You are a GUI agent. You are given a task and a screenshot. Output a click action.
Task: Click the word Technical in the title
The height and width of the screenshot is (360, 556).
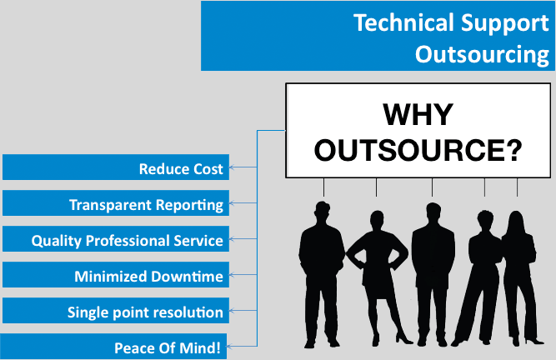point(404,22)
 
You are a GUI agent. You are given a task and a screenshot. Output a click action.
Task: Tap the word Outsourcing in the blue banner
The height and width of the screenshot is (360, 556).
point(483,54)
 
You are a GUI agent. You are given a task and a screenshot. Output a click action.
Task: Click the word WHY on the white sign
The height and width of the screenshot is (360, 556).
point(418,114)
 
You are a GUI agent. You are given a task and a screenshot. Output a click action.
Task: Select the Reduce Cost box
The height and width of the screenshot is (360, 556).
point(116,167)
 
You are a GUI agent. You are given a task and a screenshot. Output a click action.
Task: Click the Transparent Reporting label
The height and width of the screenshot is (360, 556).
point(146,205)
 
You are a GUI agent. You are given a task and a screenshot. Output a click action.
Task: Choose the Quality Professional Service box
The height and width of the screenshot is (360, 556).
point(116,239)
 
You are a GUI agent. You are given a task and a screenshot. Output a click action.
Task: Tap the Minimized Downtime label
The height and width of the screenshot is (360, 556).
point(148,277)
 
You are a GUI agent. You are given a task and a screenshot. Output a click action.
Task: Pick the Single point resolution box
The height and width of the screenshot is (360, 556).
point(116,310)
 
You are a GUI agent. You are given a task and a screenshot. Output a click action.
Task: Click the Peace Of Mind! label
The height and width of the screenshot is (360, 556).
point(168,348)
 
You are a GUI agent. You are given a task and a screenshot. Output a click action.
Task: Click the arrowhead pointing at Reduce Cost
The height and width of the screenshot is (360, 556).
point(232,167)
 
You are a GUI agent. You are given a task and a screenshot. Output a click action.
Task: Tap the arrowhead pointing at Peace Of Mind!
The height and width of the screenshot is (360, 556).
point(229,346)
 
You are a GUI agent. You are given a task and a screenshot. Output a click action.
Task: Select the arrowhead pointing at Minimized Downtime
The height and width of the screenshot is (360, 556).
point(232,275)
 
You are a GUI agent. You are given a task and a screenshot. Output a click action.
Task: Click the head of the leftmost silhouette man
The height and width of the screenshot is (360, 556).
point(323,212)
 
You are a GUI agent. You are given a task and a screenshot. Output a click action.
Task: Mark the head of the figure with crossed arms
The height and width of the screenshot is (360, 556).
point(485,221)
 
